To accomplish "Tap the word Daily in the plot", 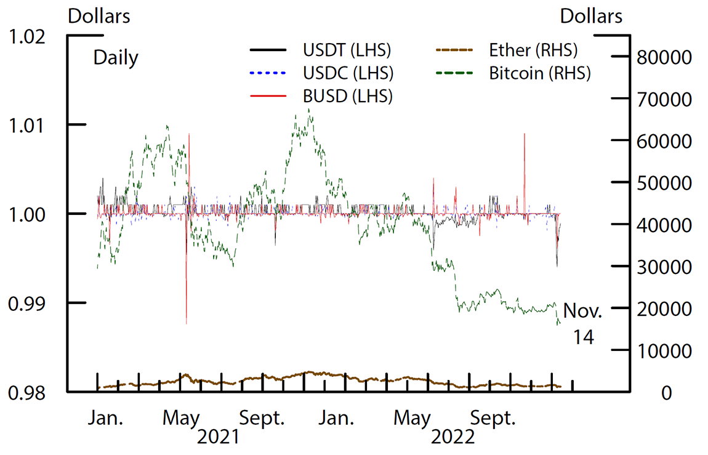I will (x=116, y=58).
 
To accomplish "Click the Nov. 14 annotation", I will (x=582, y=322).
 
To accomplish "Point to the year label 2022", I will (x=453, y=437).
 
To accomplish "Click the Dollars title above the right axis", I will (x=591, y=16).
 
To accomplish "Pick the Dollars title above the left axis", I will (x=99, y=16).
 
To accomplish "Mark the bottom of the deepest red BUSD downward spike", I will (x=186, y=323).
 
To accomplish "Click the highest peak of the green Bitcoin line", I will (x=308, y=110).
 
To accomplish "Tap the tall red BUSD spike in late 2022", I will (x=525, y=134).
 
